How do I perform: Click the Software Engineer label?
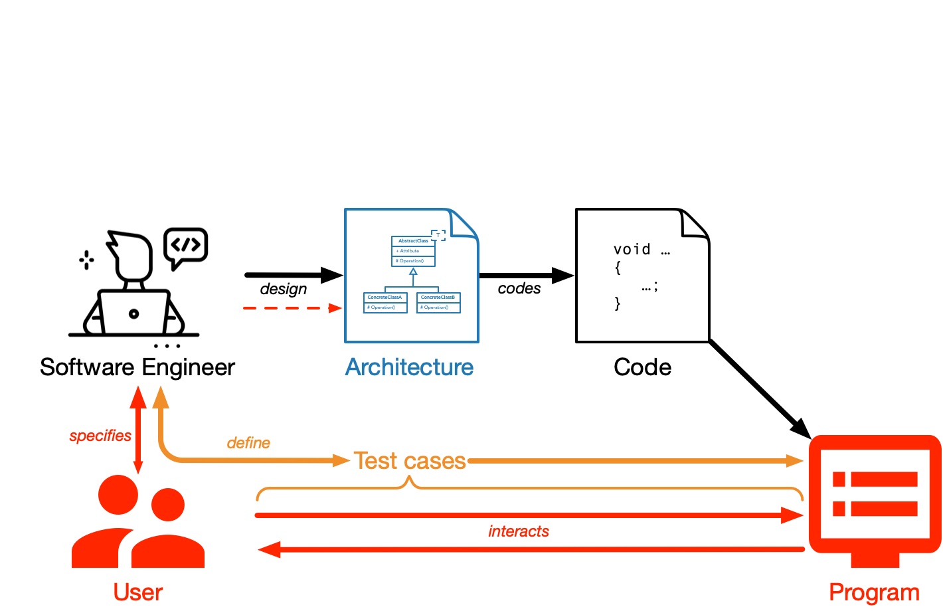click(137, 367)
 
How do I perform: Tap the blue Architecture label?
click(409, 367)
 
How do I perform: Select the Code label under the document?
click(642, 367)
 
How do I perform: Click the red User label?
click(137, 592)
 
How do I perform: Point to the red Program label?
click(874, 592)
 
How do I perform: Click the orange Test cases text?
click(410, 461)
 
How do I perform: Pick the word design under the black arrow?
click(284, 289)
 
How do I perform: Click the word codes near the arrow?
click(519, 288)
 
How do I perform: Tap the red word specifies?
click(100, 436)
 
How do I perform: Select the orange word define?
click(248, 443)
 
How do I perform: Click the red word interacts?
click(519, 531)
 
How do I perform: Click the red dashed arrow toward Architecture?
click(292, 308)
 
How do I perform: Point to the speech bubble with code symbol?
click(186, 246)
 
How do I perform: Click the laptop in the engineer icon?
click(133, 312)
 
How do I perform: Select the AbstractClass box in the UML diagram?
click(413, 251)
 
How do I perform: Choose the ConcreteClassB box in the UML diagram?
click(438, 302)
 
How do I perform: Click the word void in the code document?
click(632, 250)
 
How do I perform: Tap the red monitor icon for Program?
click(875, 498)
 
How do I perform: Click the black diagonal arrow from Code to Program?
click(760, 389)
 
